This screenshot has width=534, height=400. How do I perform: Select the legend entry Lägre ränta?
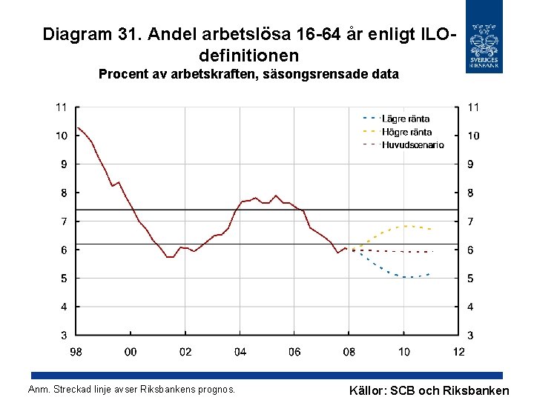pyautogui.click(x=405, y=119)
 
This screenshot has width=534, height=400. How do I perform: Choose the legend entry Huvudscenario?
pyautogui.click(x=412, y=144)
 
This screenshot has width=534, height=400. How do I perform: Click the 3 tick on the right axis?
pyautogui.click(x=471, y=336)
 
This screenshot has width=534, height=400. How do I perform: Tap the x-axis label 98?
pyautogui.click(x=76, y=352)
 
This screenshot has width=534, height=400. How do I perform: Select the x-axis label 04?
pyautogui.click(x=240, y=352)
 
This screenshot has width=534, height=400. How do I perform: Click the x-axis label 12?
pyautogui.click(x=458, y=352)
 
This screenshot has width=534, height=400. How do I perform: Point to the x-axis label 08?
pyautogui.click(x=349, y=352)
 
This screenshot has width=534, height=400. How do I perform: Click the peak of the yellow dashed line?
pyautogui.click(x=406, y=226)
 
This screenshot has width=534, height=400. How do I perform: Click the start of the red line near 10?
pyautogui.click(x=78, y=128)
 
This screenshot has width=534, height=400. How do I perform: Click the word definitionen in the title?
pyautogui.click(x=249, y=55)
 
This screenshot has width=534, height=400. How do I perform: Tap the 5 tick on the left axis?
pyautogui.click(x=64, y=279)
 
